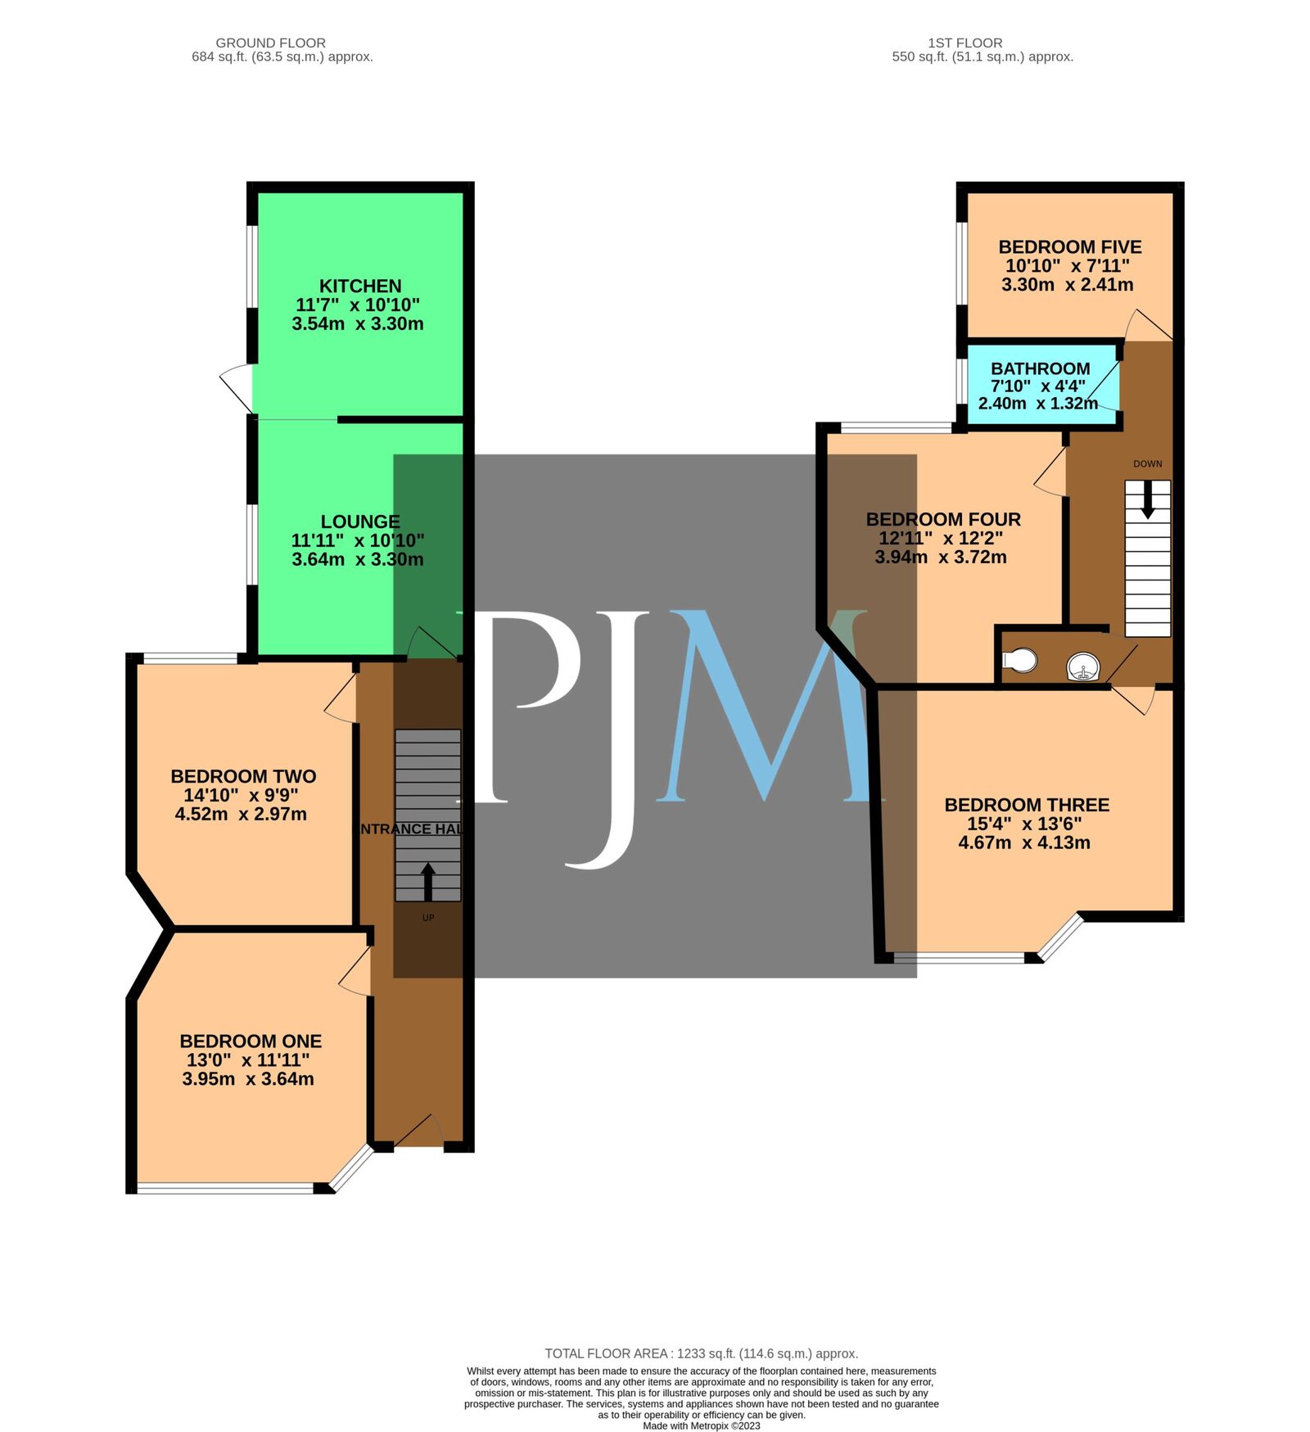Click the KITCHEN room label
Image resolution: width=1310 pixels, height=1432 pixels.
click(360, 287)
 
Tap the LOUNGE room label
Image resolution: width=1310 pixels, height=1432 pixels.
click(360, 522)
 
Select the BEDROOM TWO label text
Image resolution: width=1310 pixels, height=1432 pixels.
click(243, 776)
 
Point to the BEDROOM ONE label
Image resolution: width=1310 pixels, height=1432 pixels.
click(251, 1041)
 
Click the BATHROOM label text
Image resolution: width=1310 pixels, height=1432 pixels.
click(1040, 368)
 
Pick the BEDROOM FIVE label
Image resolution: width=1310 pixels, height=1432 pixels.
click(1069, 247)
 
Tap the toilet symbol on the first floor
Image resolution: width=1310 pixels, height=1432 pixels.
click(1020, 659)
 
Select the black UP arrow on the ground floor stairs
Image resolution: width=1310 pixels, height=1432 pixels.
click(427, 881)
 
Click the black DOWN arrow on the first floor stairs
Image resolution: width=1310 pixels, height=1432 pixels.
click(1147, 499)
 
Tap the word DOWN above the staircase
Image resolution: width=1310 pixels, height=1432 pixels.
click(1147, 463)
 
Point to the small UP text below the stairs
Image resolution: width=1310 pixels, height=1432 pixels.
click(427, 918)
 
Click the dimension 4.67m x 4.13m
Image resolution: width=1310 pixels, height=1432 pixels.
click(1023, 842)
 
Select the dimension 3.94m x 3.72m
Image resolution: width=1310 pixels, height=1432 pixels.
click(940, 558)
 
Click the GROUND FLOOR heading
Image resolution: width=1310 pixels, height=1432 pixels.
click(270, 43)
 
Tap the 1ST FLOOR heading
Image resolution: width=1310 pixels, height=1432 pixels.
click(964, 43)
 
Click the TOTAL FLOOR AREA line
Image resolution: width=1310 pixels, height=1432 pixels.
click(701, 1353)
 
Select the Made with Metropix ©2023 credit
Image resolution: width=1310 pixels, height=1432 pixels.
click(701, 1425)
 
